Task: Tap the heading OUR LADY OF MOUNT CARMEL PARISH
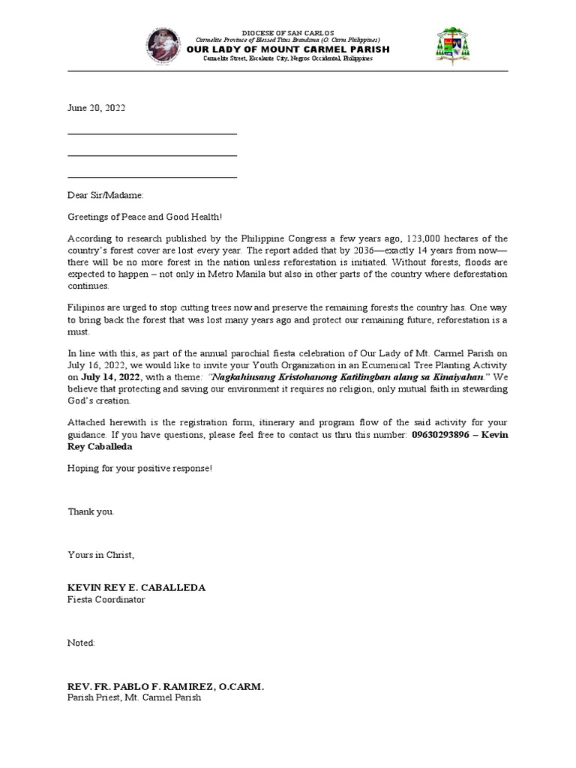(x=288, y=49)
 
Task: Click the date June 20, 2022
(x=97, y=108)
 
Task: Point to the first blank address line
(x=152, y=133)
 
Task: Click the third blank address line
(x=152, y=177)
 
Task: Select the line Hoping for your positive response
(x=139, y=467)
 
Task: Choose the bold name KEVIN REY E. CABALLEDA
(x=136, y=587)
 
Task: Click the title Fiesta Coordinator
(x=106, y=599)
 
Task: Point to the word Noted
(x=82, y=643)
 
